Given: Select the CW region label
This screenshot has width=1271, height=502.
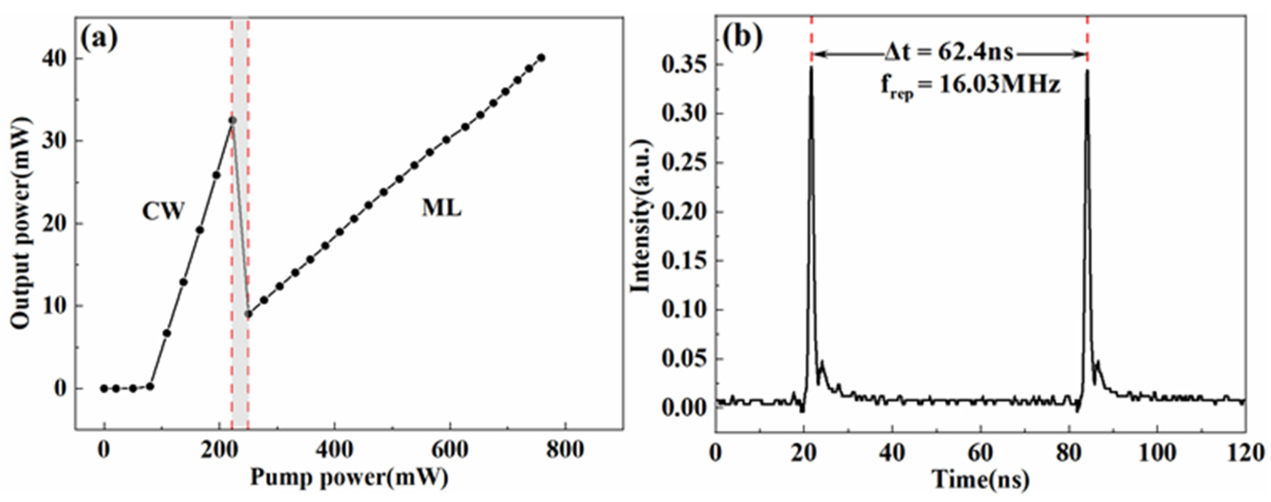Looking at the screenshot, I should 163,211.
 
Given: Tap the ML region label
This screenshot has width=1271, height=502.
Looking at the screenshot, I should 442,209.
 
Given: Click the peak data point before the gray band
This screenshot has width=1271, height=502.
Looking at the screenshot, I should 232,120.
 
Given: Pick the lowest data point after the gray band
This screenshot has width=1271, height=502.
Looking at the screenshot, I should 249,314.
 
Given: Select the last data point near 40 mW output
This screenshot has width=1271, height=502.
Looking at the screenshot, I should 541,58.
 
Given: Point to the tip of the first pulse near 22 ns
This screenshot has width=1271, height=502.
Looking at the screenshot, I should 811,67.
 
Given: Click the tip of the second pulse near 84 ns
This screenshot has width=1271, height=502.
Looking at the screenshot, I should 1087,71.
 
